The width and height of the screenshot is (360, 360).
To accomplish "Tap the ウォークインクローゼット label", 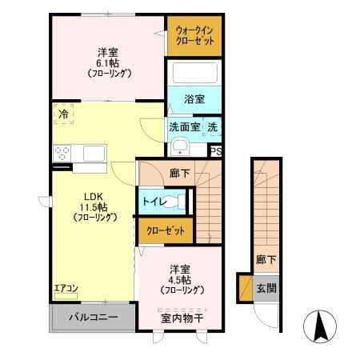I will (x=194, y=35).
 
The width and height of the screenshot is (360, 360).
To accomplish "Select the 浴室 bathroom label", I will (x=194, y=100).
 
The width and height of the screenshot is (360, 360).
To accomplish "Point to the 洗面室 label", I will (x=183, y=126).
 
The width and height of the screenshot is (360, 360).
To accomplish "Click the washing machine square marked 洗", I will (x=212, y=126).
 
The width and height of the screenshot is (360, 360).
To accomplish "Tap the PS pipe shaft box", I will (x=214, y=150).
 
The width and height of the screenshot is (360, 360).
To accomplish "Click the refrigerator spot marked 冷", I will (x=63, y=114).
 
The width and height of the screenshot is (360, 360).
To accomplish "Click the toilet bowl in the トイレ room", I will (x=181, y=202).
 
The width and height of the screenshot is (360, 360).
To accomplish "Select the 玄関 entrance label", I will (x=265, y=288).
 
